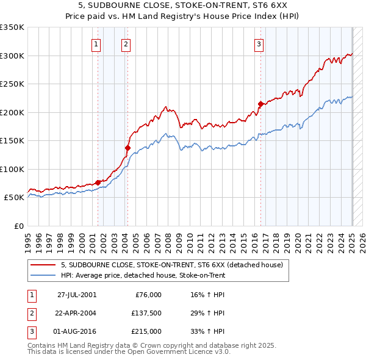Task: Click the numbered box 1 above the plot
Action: pos(97,43)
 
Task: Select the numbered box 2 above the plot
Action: pos(126,43)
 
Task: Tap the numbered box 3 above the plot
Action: pos(259,43)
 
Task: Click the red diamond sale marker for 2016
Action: pos(260,104)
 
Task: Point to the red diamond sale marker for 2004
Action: pos(127,148)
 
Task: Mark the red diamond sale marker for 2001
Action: pos(98,182)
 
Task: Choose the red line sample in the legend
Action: pos(43,265)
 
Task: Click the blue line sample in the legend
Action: pos(43,276)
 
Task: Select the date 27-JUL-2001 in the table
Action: pos(77,295)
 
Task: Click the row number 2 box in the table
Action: pos(32,313)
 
